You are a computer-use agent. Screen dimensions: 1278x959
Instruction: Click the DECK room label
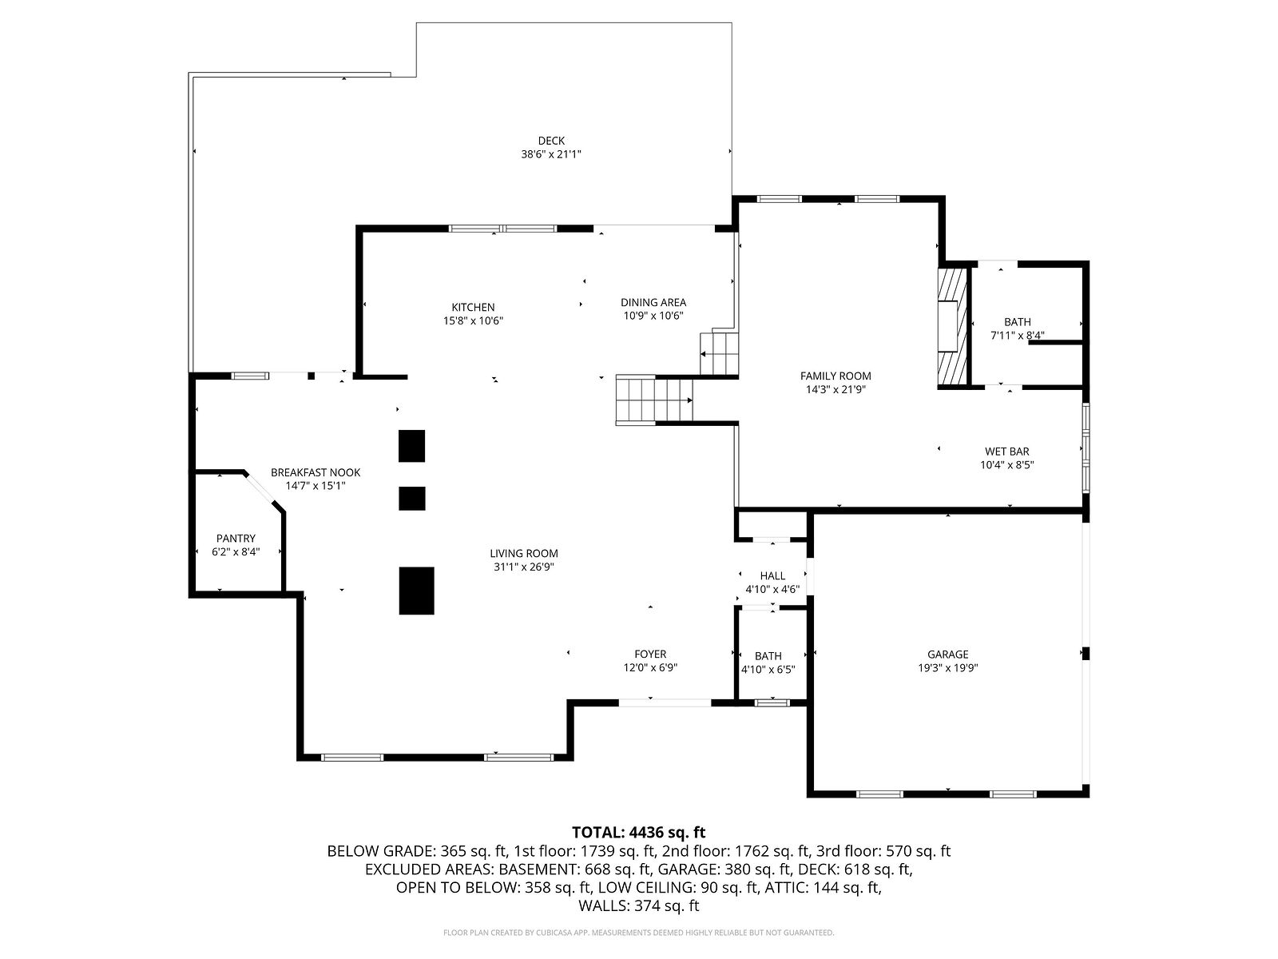551,141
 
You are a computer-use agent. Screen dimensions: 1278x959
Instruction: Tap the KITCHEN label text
473,307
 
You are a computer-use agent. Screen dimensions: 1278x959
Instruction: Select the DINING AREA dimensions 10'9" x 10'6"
653,316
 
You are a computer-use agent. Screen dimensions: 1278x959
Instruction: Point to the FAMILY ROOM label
835,376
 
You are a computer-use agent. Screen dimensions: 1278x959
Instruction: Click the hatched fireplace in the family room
951,327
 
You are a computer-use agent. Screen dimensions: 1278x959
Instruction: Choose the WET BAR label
1006,452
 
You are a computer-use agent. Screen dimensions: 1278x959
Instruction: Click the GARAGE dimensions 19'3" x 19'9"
947,668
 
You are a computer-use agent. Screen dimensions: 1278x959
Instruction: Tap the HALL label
772,576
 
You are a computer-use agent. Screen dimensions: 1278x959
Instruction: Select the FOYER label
649,654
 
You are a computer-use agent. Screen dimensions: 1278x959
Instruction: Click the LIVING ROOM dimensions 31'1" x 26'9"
523,567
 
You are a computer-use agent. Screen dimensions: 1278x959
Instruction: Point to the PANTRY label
235,539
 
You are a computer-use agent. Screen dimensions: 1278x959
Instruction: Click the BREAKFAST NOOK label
315,472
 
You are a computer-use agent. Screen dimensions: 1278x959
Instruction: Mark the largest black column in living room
416,591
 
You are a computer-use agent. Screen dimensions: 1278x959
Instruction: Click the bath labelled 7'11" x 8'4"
1017,328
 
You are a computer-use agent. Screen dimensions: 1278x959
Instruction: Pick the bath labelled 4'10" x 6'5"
768,663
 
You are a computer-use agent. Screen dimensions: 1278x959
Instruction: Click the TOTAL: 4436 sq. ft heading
638,832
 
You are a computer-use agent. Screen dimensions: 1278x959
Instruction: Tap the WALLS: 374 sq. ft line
638,905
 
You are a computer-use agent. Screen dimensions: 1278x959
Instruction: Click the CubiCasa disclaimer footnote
638,933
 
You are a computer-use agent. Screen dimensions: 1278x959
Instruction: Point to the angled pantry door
260,488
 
